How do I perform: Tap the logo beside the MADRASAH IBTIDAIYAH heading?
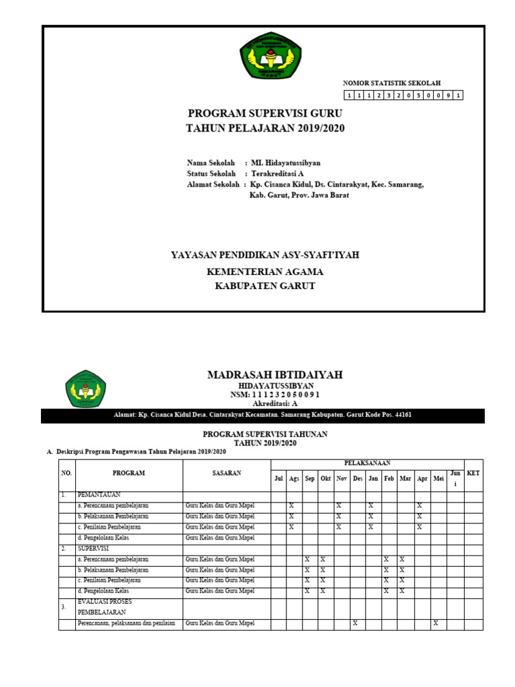(85, 388)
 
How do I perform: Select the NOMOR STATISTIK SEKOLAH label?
(392, 83)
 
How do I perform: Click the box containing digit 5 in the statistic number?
(417, 95)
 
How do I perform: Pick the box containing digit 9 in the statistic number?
(447, 95)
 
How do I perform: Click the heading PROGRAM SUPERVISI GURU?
(265, 113)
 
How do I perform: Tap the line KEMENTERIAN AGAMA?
(264, 272)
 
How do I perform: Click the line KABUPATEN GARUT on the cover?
(264, 286)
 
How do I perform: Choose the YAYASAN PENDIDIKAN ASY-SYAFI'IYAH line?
(265, 256)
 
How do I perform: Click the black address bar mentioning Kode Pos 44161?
(262, 415)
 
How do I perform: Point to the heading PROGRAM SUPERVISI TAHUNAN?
(265, 435)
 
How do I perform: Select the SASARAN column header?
(227, 473)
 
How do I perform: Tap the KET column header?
(473, 473)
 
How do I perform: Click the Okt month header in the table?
(325, 478)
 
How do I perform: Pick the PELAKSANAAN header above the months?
(367, 463)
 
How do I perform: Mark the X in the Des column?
(355, 623)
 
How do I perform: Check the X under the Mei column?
(435, 623)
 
